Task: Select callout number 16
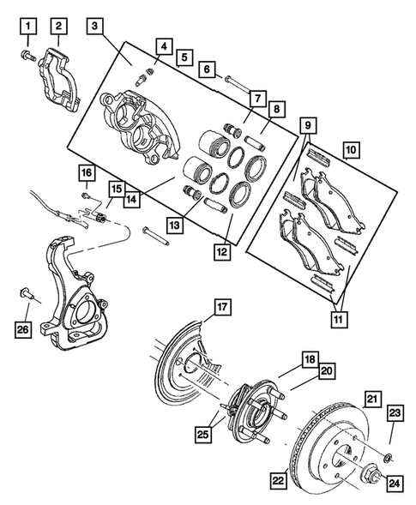click(x=86, y=174)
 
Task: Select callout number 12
click(x=226, y=253)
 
